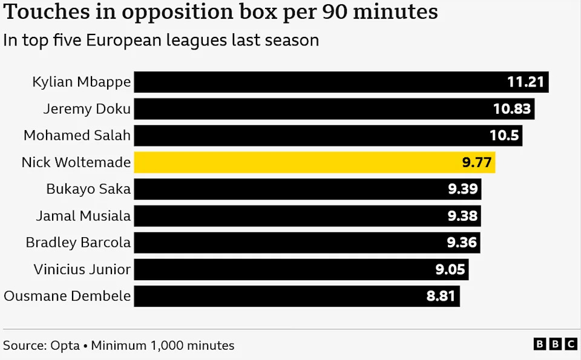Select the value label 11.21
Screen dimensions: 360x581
(x=526, y=82)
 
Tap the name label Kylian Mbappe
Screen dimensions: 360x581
(x=81, y=82)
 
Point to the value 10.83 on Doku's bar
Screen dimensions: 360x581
(x=512, y=109)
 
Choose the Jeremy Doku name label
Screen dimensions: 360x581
(x=87, y=109)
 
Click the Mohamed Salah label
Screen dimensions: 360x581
(x=77, y=136)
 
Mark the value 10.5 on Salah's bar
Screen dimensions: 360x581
(x=504, y=136)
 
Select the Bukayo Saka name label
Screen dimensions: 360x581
(x=88, y=189)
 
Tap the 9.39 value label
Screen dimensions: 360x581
(x=463, y=189)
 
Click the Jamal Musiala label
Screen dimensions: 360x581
(x=83, y=215)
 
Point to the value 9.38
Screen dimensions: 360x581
(x=462, y=215)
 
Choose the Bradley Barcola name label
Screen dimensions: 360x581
(x=78, y=243)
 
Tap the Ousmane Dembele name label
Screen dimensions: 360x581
(x=67, y=296)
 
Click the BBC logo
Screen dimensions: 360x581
(x=555, y=344)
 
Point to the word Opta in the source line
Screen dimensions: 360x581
(x=65, y=345)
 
